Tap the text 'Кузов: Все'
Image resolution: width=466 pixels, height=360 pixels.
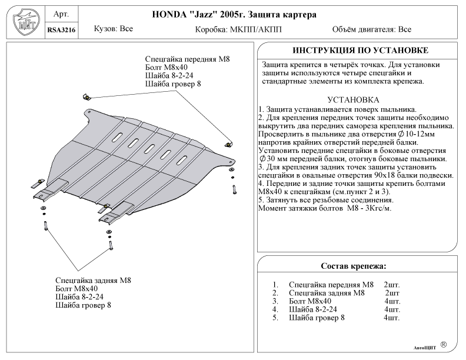coord(114,29)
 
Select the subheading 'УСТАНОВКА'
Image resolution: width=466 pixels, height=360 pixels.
coord(352,99)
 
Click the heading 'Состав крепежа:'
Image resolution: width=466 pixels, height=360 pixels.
coord(353,266)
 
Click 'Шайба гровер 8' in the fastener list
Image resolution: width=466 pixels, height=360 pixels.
coord(317,318)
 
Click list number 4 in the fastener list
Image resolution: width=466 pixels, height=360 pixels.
coord(275,309)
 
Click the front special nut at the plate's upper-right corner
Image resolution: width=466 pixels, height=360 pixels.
coord(228,141)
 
